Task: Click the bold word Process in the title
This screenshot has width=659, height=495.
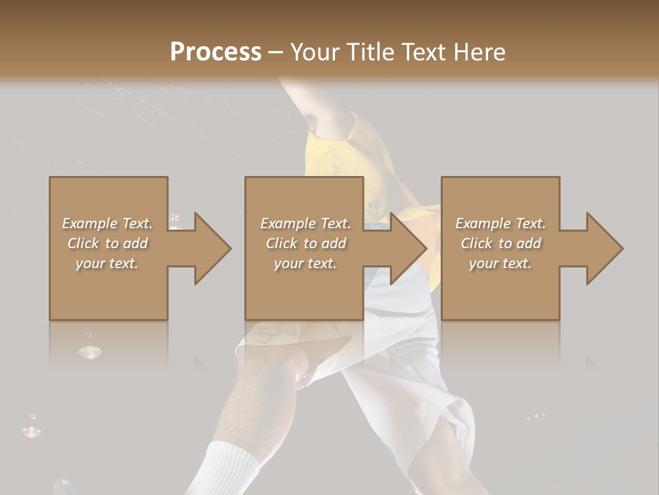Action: (x=216, y=52)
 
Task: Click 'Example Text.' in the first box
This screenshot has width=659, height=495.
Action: (x=108, y=223)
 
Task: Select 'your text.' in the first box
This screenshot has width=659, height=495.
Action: (x=108, y=263)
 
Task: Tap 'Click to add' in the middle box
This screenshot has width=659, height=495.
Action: (x=305, y=243)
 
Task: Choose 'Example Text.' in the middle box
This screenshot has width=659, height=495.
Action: (x=305, y=223)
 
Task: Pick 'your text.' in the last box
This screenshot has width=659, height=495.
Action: (x=500, y=263)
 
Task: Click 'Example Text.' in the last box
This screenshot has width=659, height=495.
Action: (x=500, y=223)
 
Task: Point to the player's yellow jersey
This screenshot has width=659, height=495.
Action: (x=357, y=158)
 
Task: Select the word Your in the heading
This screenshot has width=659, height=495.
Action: (x=316, y=52)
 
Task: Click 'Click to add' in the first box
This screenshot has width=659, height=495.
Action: (x=108, y=243)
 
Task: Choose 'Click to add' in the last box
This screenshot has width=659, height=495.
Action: (x=500, y=243)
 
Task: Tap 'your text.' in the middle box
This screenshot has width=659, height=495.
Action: (x=305, y=263)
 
